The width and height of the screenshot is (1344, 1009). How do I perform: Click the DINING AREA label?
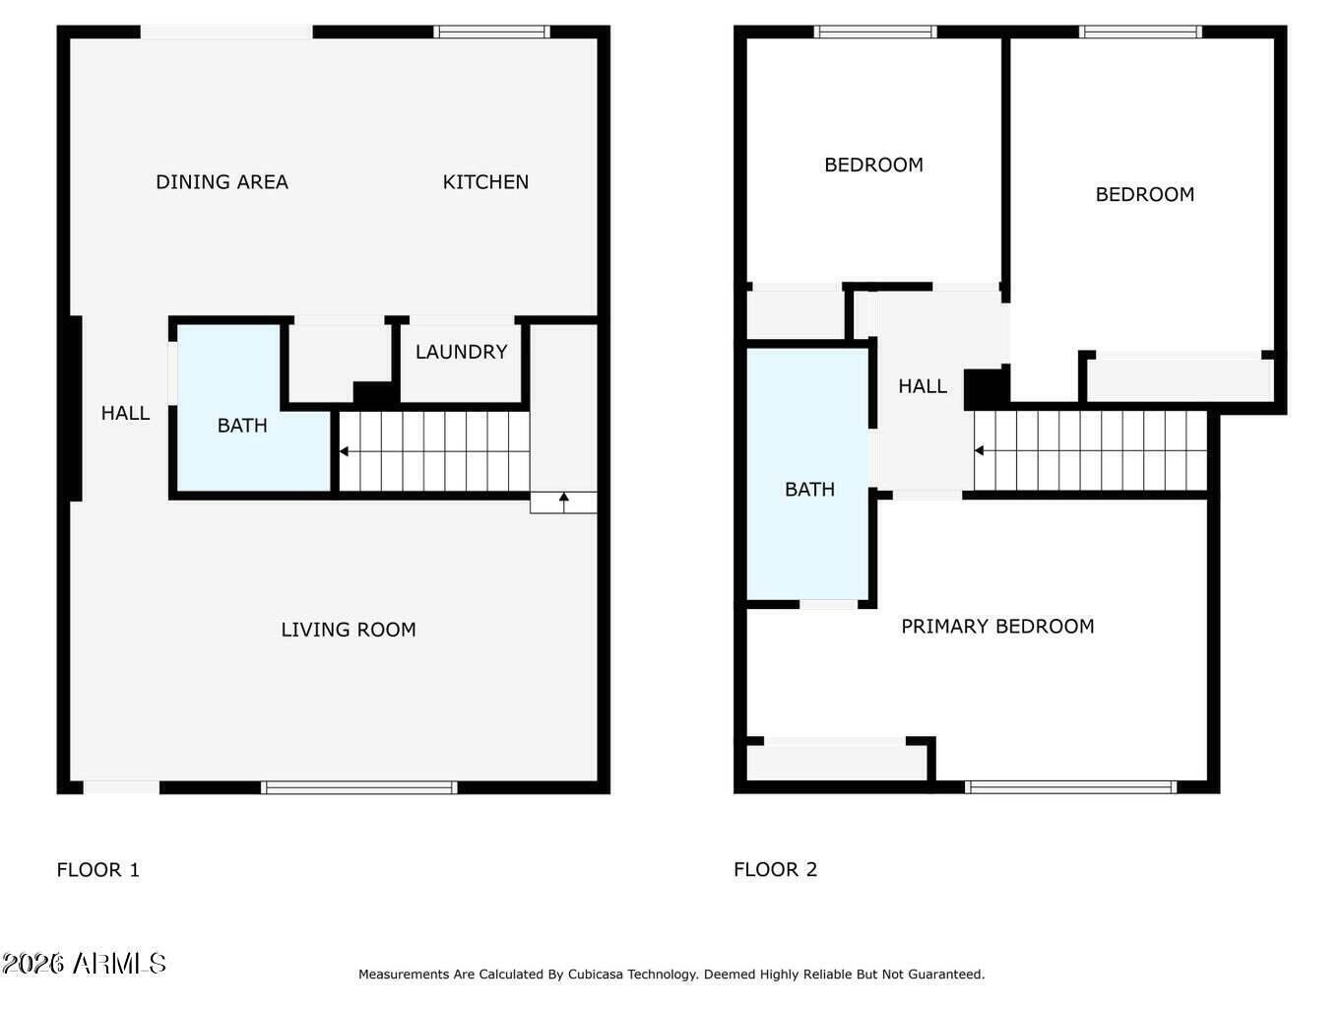coord(222,182)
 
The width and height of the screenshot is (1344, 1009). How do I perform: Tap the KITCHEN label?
coord(485,182)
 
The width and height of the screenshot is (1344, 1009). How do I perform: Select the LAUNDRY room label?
coord(461,352)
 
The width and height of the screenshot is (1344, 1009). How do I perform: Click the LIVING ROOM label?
coord(349,630)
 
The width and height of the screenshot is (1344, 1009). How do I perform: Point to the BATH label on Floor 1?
coord(242,425)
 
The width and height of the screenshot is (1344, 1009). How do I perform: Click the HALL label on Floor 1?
coord(125,413)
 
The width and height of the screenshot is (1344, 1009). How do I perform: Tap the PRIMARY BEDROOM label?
coord(997,626)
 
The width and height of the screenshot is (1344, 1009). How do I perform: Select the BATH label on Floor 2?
coord(809,489)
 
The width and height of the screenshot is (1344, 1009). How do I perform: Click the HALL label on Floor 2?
coord(923,386)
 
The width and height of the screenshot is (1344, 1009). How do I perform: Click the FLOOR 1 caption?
coord(97,869)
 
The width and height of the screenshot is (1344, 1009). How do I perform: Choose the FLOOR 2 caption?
coord(775,869)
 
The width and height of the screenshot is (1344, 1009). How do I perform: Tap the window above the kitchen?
coord(491,32)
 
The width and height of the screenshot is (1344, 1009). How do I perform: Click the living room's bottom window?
coord(358,787)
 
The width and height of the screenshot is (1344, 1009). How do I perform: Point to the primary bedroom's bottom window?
coord(1071,786)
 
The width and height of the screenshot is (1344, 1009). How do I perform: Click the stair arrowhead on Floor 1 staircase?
coord(344,451)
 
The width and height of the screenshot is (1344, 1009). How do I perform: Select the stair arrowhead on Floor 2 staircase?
coord(979,451)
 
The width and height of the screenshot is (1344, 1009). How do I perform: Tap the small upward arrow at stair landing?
coord(564,502)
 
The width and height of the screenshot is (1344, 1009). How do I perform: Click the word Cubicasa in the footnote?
coord(597,975)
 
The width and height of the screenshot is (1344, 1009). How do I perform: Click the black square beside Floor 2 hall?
coord(987,389)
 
